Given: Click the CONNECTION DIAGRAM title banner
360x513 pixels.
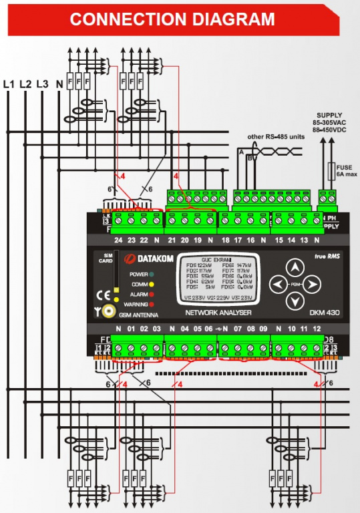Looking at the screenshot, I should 172,19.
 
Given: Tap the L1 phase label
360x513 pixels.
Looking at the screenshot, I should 9,84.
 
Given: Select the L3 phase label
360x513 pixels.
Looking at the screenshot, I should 42,84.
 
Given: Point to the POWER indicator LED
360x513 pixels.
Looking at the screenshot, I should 153,274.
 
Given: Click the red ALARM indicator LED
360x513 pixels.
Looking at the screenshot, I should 153,293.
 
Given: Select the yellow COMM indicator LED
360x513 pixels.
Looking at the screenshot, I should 153,284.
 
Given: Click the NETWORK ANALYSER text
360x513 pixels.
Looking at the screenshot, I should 218,313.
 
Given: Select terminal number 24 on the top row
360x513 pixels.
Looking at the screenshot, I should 118,239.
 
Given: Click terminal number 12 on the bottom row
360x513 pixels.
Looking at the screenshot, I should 317,329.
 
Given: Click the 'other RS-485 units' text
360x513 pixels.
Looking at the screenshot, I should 275,137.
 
